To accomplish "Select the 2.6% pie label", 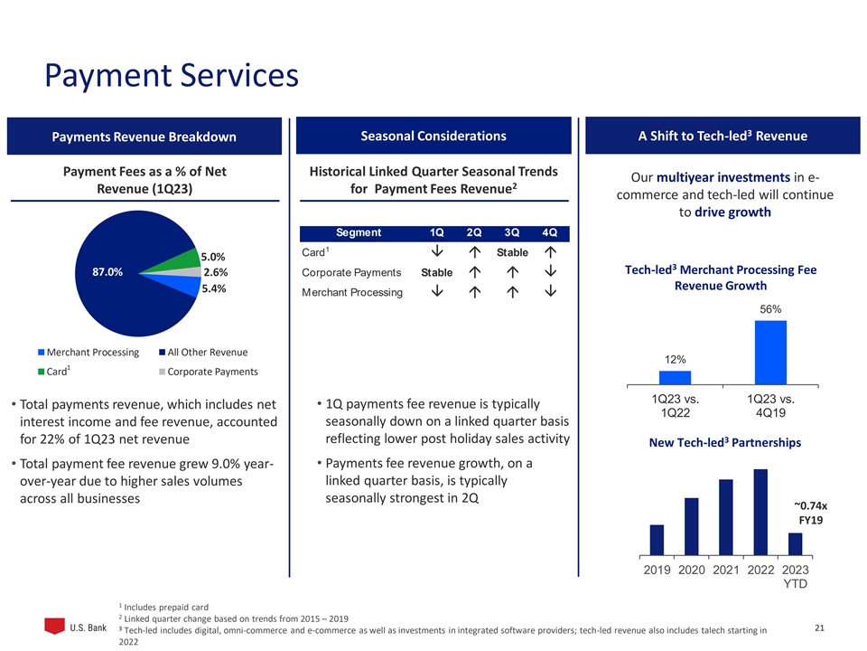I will pyautogui.click(x=215, y=272).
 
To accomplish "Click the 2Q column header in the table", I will pyautogui.click(x=473, y=232).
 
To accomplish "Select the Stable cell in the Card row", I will pyautogui.click(x=512, y=252).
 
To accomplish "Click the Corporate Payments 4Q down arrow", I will pyautogui.click(x=550, y=272).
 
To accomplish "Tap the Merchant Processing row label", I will pyautogui.click(x=351, y=292).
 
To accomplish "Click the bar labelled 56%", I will pyautogui.click(x=770, y=352).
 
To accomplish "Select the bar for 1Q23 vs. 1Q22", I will pyautogui.click(x=675, y=377).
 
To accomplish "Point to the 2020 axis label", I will pyautogui.click(x=692, y=571).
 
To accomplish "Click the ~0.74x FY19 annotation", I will pyautogui.click(x=810, y=514).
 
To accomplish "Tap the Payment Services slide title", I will pyautogui.click(x=172, y=74).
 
